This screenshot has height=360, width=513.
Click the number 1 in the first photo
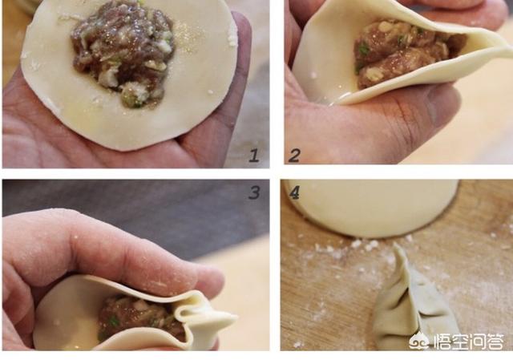point(254,155)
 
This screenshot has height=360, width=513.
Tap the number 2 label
point(294,155)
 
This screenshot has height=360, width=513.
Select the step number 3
point(254,192)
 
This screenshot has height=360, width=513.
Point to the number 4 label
point(294,192)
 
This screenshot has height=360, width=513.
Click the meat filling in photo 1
point(123,52)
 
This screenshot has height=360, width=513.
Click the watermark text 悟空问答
point(468,342)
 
